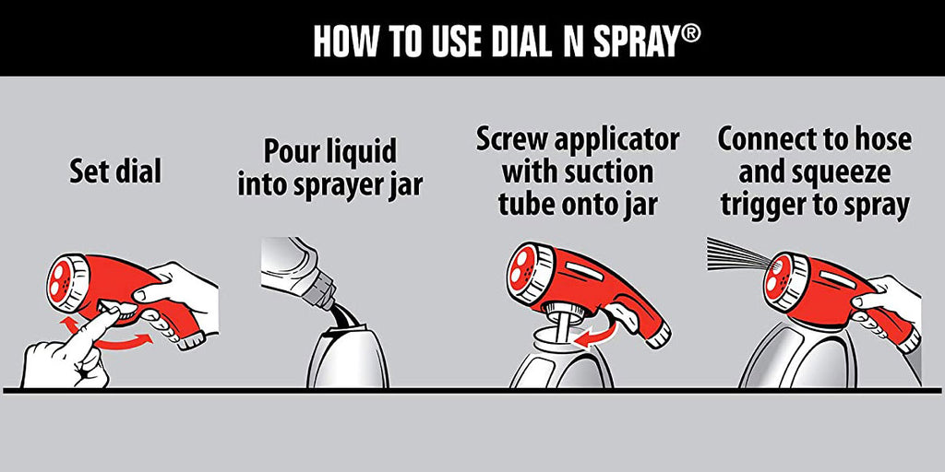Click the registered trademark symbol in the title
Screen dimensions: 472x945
coord(690,33)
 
